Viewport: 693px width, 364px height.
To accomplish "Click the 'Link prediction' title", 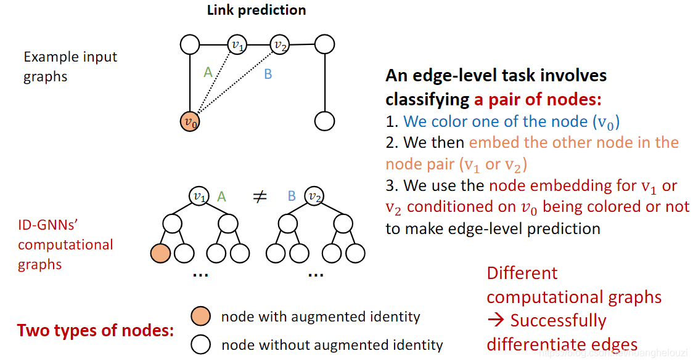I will pyautogui.click(x=256, y=10).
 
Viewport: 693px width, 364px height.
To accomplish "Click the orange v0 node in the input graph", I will pyautogui.click(x=190, y=121).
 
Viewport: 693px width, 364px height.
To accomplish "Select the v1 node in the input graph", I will pyautogui.click(x=237, y=44).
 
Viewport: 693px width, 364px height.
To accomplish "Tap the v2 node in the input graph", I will pyautogui.click(x=281, y=44).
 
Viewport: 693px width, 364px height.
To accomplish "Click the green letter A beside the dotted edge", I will pyautogui.click(x=208, y=73).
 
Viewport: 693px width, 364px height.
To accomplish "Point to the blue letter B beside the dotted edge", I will pyautogui.click(x=268, y=75).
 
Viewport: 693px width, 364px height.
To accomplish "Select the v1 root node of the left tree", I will pyautogui.click(x=199, y=196).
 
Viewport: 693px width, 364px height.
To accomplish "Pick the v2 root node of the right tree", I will pyautogui.click(x=314, y=196).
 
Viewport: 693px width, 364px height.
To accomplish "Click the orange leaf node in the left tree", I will pyautogui.click(x=160, y=253).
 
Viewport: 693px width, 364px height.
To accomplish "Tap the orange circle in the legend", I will pyautogui.click(x=201, y=316).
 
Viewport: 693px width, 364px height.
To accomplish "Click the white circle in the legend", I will pyautogui.click(x=201, y=344).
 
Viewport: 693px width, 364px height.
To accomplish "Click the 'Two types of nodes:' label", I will pyautogui.click(x=96, y=331).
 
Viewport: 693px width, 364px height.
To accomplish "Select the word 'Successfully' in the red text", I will pyautogui.click(x=558, y=320).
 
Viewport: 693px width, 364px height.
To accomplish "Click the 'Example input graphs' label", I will pyautogui.click(x=70, y=67).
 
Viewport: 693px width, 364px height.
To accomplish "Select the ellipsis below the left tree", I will pyautogui.click(x=200, y=275).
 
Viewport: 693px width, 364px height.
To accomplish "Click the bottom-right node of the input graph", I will pyautogui.click(x=324, y=121).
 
